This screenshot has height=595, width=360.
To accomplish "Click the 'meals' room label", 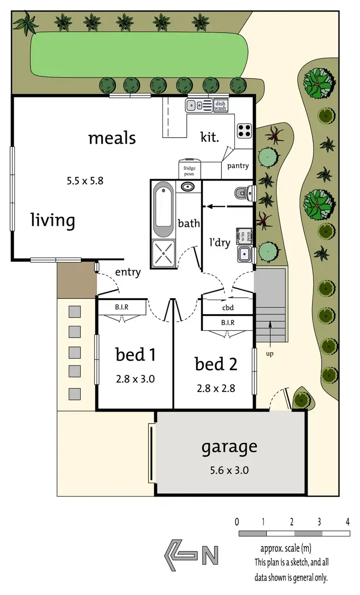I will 112,138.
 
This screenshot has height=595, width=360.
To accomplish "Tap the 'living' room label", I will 53,220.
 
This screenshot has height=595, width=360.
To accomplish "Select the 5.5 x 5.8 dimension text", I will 84,181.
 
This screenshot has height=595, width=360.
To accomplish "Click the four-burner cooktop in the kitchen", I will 244,130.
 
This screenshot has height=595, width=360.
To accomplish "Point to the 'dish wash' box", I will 220,106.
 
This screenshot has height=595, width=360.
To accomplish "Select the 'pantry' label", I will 238,166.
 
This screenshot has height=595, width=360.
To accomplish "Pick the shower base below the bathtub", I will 163,253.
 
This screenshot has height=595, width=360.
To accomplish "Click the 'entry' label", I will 128,272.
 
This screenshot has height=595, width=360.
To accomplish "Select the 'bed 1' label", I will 135,355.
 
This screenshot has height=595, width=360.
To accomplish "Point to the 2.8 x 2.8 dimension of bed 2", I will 216,389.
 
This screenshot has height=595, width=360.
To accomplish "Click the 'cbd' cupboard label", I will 228,308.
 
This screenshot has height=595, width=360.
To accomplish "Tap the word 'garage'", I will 229,447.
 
